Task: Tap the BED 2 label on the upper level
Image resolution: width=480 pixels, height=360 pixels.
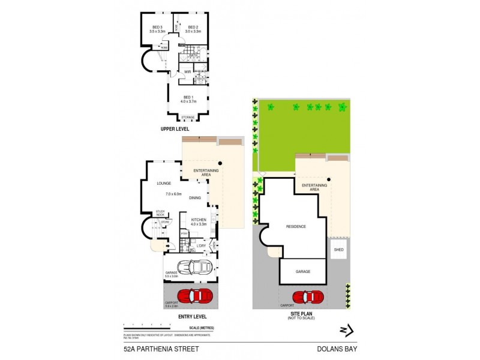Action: point(193,27)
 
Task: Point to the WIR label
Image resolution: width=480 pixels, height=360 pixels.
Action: point(187,72)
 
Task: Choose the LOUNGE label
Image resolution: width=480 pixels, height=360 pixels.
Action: point(164,183)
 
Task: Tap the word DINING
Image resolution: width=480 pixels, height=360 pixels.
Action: point(195,197)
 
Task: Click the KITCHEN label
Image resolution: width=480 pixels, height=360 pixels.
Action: point(199,220)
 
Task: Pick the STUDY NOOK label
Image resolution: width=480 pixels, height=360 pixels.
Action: point(160,212)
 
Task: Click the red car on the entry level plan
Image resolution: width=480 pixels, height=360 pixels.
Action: point(196,296)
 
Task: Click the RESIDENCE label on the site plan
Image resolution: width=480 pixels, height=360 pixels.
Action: point(296,226)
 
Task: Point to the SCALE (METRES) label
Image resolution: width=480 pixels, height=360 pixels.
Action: point(201,328)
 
